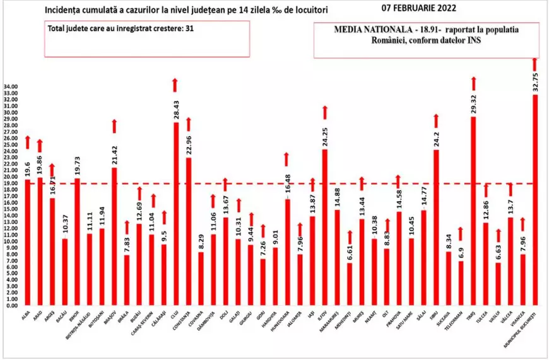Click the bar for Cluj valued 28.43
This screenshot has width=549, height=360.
176,214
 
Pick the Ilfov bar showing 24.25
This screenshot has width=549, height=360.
325,227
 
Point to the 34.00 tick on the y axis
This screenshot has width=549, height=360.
11,86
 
